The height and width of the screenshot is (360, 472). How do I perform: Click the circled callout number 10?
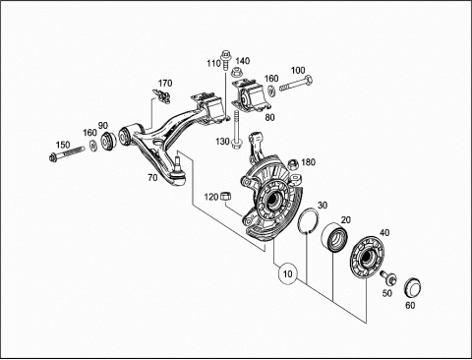click(287, 273)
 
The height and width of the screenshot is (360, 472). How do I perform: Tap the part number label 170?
click(165, 84)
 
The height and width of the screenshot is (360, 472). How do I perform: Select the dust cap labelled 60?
click(412, 287)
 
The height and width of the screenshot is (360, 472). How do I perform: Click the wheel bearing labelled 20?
click(334, 238)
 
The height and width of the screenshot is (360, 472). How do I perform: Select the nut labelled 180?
click(293, 164)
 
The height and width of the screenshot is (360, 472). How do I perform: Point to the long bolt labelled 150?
click(66, 153)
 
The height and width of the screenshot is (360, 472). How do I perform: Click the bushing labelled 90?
click(108, 141)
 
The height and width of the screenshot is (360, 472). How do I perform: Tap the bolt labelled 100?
click(296, 84)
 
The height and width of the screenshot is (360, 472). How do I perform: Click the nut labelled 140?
click(237, 73)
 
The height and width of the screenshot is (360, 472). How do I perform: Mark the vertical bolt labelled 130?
click(236, 130)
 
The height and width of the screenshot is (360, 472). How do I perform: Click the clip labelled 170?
click(161, 95)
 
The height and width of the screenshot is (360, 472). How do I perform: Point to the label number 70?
click(152, 178)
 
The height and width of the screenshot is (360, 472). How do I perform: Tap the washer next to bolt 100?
click(271, 90)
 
